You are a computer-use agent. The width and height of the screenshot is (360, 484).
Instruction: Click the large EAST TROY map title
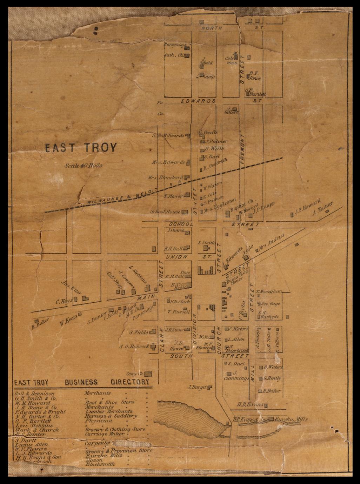pos(80,148)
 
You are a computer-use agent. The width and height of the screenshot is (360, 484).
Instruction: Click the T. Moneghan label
pos(269,291)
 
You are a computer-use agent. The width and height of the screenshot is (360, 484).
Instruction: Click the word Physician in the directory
pos(98,420)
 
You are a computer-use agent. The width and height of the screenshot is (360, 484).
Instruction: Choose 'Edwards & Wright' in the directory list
pos(40,412)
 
